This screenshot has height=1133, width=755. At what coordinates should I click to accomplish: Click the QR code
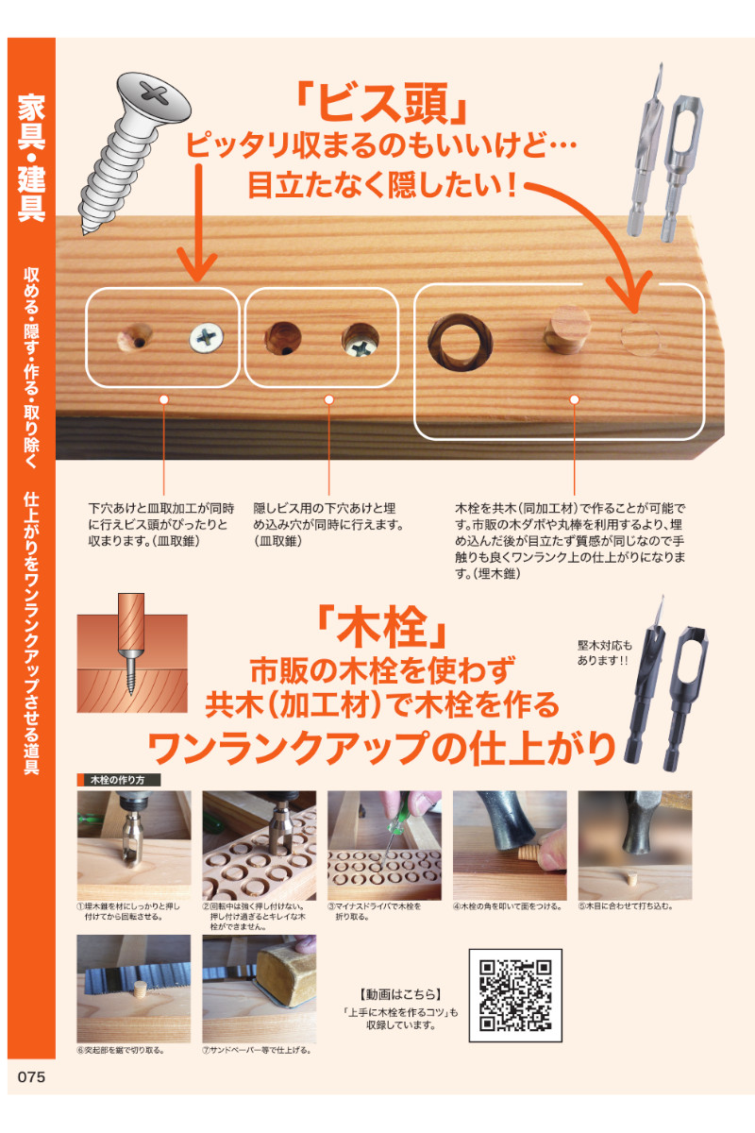pyautogui.click(x=515, y=995)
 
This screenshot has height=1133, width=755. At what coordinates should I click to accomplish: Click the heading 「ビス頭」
pyautogui.click(x=382, y=104)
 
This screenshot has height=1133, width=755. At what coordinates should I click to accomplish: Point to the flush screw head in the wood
pyautogui.click(x=207, y=338)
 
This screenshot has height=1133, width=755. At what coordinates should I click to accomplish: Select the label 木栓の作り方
pyautogui.click(x=119, y=780)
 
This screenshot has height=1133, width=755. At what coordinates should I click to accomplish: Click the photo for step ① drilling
pyautogui.click(x=134, y=845)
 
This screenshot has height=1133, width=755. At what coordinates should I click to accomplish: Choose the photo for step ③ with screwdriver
pyautogui.click(x=384, y=845)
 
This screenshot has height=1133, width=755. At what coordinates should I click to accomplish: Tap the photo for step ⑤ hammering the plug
pyautogui.click(x=635, y=845)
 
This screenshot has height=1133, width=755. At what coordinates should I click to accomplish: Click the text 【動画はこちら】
pyautogui.click(x=400, y=994)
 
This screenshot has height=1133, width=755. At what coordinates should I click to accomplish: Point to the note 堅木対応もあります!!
pyautogui.click(x=604, y=653)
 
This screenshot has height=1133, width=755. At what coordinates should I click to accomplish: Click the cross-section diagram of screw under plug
pyautogui.click(x=132, y=652)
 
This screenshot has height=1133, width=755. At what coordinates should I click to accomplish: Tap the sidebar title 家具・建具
pyautogui.click(x=31, y=158)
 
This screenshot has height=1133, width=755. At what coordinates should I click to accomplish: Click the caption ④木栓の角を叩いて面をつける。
pyautogui.click(x=508, y=906)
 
